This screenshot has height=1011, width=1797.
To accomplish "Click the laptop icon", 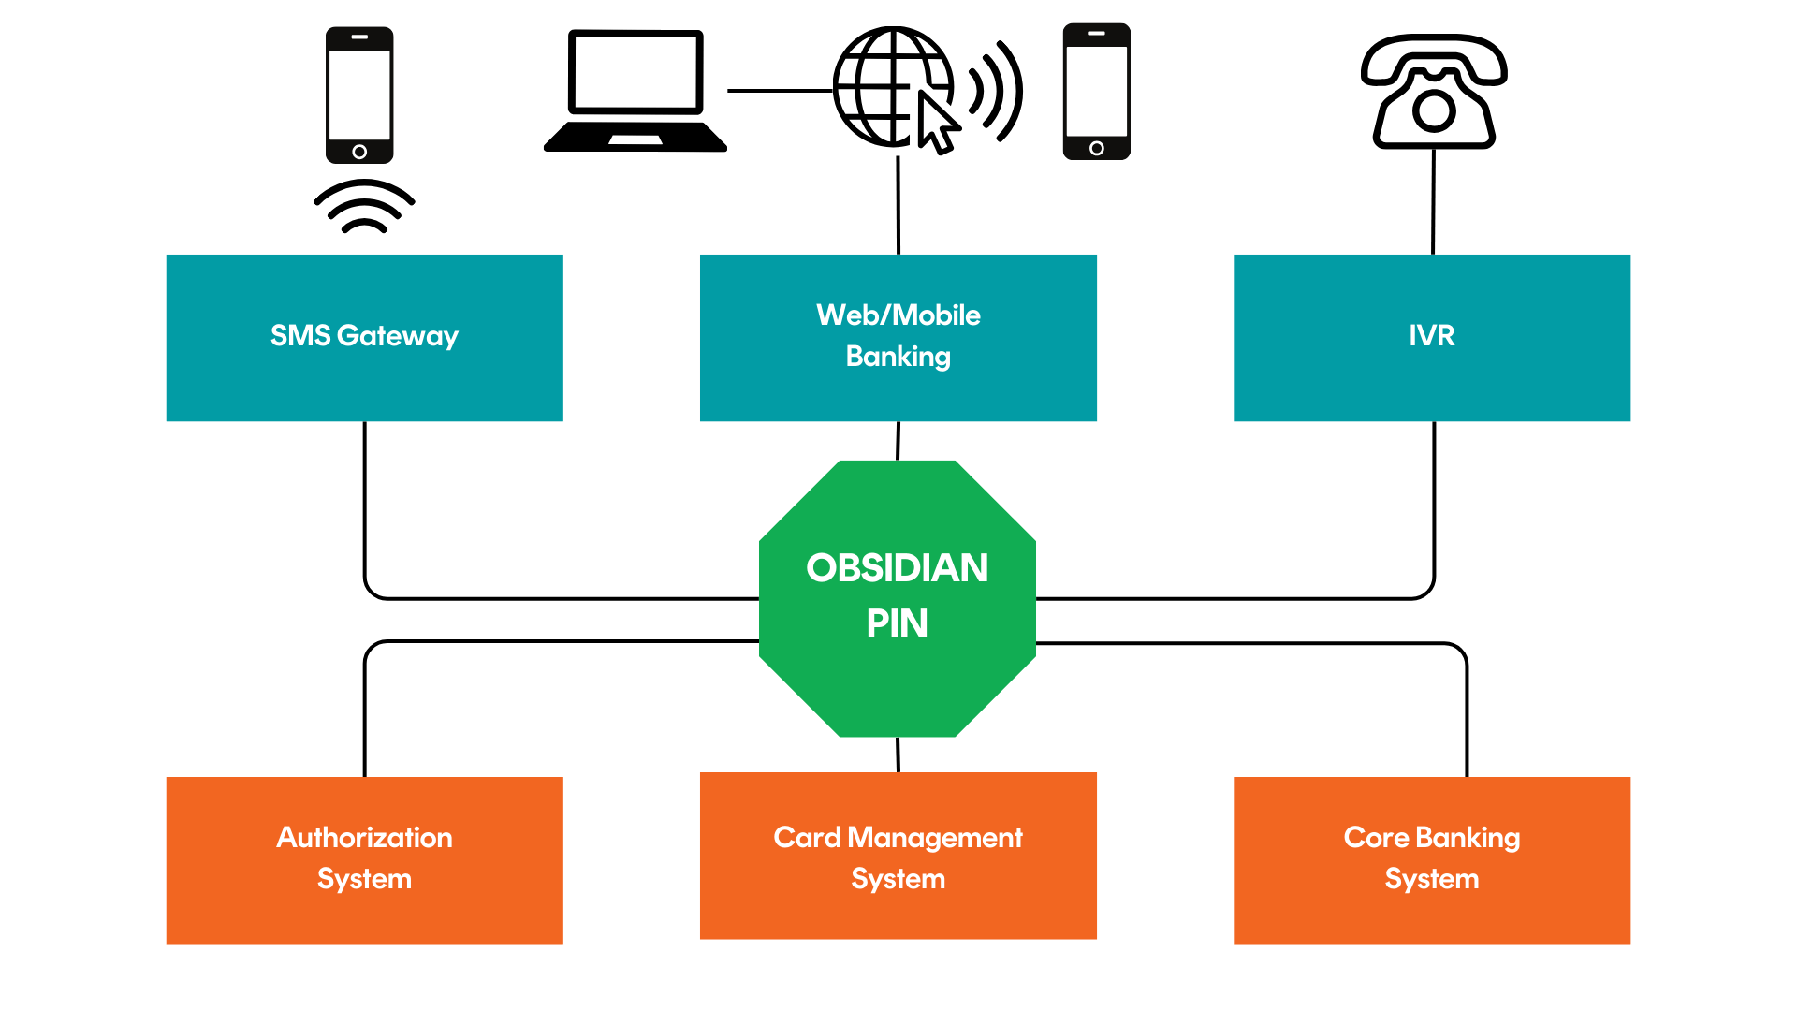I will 636,92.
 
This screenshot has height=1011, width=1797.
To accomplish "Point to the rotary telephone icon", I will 1434,92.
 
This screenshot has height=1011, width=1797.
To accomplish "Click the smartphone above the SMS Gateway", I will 359,95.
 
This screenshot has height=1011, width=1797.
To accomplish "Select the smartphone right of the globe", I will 1096,92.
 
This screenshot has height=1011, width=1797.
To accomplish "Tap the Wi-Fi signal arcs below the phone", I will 364,207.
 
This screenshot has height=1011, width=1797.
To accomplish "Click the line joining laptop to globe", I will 779,91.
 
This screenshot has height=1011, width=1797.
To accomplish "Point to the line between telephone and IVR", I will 1433,201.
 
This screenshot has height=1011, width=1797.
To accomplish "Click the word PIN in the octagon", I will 897,623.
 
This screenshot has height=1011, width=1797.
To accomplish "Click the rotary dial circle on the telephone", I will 1434,111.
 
